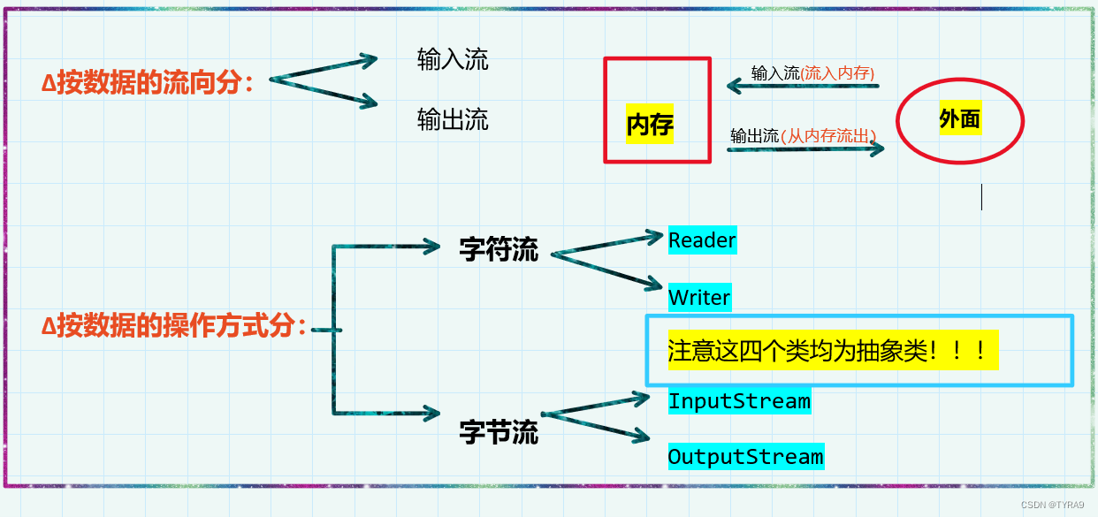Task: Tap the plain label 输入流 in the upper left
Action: tap(453, 59)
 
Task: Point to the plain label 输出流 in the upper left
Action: tap(453, 119)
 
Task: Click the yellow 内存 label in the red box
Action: tap(650, 125)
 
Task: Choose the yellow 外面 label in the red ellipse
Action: tap(960, 119)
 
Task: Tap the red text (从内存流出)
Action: tap(828, 136)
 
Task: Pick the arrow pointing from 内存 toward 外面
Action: tap(805, 149)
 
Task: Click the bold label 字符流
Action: tap(499, 249)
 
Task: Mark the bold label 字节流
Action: tap(499, 432)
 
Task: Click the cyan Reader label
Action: tap(702, 240)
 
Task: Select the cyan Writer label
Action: tap(699, 297)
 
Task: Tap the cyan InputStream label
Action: tap(739, 401)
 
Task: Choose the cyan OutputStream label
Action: tap(745, 457)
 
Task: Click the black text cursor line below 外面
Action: tap(981, 197)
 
